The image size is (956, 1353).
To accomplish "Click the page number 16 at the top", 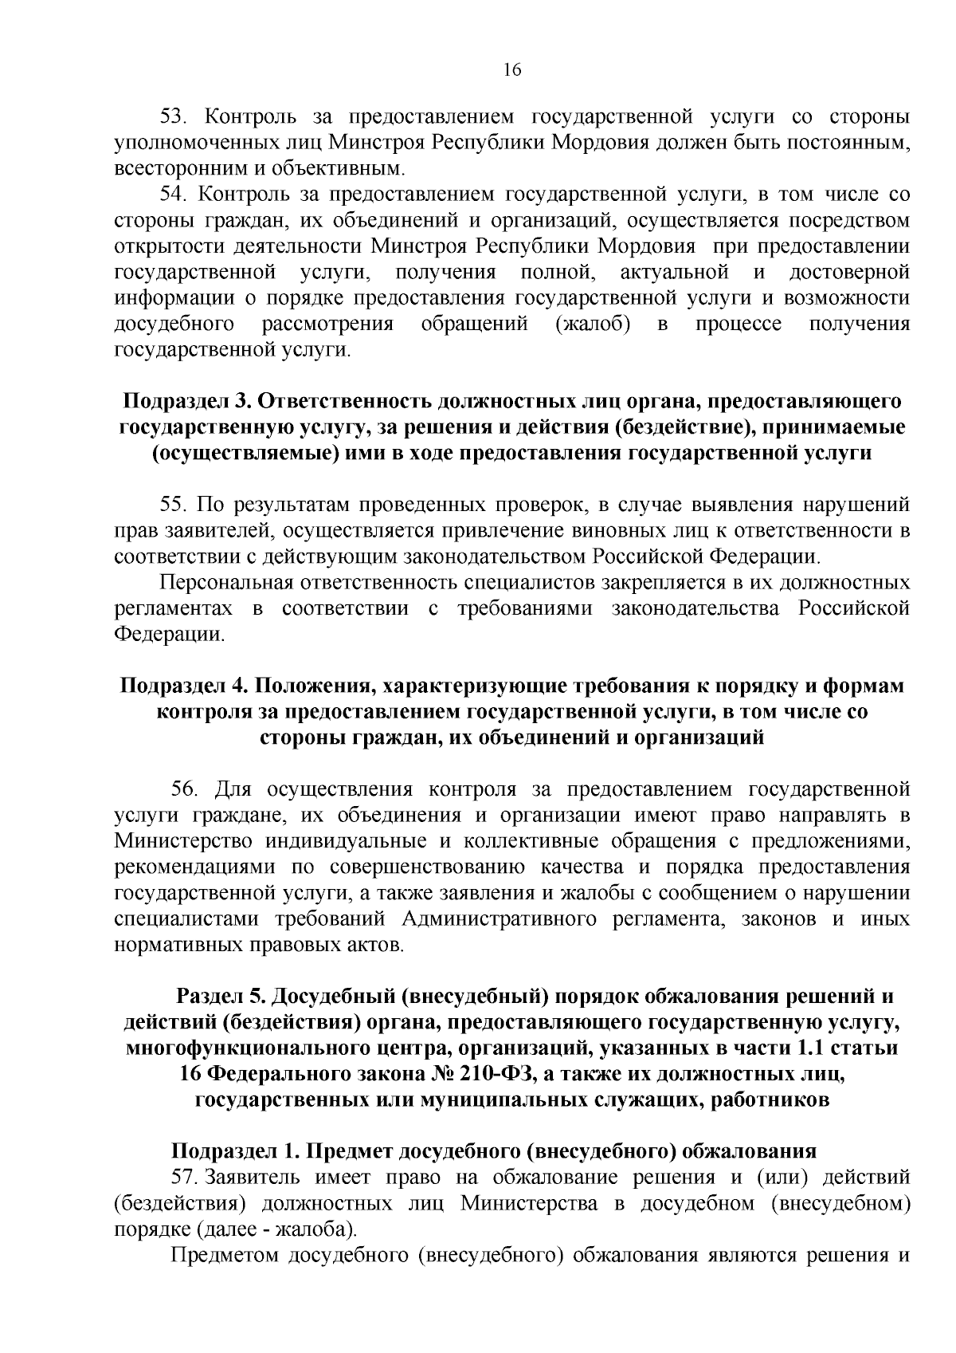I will pyautogui.click(x=511, y=70).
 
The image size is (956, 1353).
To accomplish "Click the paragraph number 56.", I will pyautogui.click(x=184, y=789).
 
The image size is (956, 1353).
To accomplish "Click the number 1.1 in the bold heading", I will pyautogui.click(x=820, y=1048).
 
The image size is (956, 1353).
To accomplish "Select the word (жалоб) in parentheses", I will pyautogui.click(x=594, y=324).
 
